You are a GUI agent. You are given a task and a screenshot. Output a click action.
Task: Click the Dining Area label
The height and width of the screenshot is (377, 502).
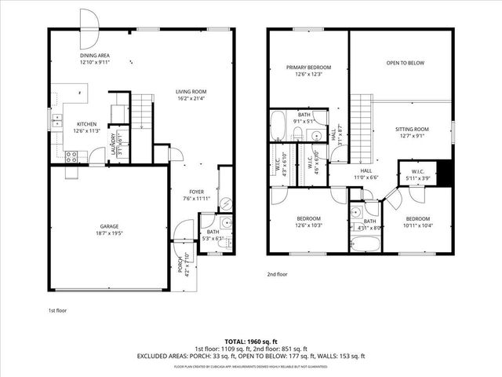[x=96, y=59]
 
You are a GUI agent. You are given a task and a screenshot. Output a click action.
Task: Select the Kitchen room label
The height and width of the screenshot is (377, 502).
[x=86, y=127]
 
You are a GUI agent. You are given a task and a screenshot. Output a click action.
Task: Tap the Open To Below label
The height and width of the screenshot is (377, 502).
[x=405, y=62]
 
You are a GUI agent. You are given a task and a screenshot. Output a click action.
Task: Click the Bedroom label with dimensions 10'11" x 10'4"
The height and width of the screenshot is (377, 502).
[x=417, y=222]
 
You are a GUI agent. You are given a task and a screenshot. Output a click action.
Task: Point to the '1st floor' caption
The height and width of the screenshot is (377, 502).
[x=57, y=310]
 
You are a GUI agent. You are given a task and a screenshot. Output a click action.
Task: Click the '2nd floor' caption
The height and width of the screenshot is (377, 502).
[x=277, y=274]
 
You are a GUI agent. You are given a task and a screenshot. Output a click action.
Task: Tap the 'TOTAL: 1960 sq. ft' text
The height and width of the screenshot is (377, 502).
[x=251, y=341]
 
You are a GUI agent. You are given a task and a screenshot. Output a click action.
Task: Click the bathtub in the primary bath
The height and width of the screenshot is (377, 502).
[x=278, y=125]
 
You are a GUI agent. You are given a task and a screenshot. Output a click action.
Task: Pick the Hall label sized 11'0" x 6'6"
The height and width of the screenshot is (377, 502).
[x=366, y=174]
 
